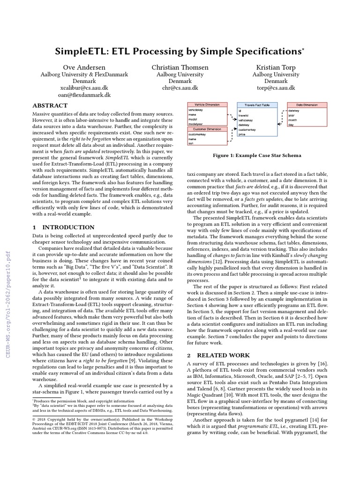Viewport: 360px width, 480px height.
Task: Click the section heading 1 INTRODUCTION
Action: [x=57, y=227]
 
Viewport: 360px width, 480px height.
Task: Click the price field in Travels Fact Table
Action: [x=242, y=134]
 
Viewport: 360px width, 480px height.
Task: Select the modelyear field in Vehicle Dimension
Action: [x=196, y=123]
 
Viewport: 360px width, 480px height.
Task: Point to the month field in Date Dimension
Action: [x=292, y=120]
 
